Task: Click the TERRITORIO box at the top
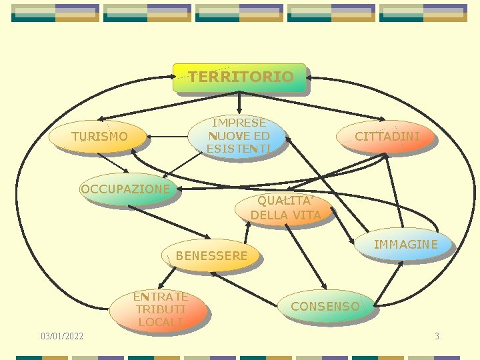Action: point(239,77)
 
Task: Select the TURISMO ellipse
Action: point(99,137)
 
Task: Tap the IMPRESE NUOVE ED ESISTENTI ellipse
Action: point(238,136)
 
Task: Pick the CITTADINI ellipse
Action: point(387,137)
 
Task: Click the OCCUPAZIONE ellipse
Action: point(125,189)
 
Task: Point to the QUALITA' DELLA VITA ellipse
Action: point(285,208)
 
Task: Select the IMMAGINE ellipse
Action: point(405,245)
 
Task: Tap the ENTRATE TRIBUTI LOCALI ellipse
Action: point(160,309)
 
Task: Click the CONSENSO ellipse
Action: point(325,307)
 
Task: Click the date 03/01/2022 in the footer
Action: point(62,336)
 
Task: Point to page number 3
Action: point(437,336)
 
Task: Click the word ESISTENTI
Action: point(238,149)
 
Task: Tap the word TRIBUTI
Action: point(160,309)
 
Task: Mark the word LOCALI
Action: point(160,322)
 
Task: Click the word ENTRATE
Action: point(160,297)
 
